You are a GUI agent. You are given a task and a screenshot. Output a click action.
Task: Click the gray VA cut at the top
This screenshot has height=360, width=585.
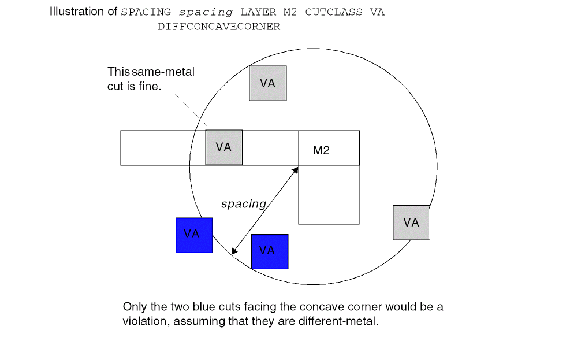(267, 83)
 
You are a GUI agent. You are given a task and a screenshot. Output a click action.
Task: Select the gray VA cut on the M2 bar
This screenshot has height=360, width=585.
(223, 147)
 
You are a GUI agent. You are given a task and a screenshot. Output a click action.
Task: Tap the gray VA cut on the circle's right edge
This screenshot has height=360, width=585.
(411, 222)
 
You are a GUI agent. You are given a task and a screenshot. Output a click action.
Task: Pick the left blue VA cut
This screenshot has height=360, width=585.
(194, 235)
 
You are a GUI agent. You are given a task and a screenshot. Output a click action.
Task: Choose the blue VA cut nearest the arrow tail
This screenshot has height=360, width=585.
(270, 251)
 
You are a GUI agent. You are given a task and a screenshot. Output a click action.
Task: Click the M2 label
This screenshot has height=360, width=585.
(321, 151)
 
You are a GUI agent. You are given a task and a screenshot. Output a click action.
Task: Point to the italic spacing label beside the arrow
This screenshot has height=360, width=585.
(243, 204)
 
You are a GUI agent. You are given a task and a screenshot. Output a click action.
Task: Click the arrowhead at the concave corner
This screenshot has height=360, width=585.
(295, 170)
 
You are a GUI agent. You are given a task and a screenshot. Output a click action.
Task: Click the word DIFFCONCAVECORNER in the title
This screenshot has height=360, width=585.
(218, 27)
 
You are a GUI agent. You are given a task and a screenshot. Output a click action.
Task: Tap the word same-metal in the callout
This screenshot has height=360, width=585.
(163, 72)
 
